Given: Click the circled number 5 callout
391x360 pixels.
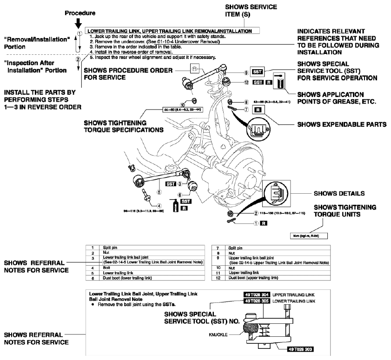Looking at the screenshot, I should (159, 191).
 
